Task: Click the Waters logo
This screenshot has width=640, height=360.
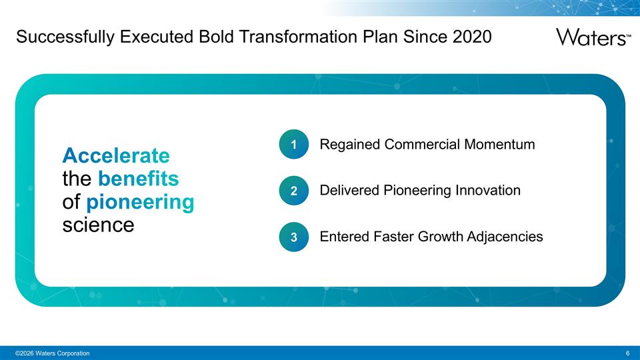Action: (x=593, y=37)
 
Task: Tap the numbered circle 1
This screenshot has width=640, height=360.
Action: (x=294, y=145)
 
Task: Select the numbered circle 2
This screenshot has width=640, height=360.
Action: (x=294, y=191)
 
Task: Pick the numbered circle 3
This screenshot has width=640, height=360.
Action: (x=294, y=237)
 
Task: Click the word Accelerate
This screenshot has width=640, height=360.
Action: (x=116, y=155)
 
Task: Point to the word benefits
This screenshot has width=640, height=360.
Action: (x=138, y=179)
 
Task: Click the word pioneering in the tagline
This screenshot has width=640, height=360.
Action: (x=140, y=202)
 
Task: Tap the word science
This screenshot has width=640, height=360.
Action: (x=98, y=225)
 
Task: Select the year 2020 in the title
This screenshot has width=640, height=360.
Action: (x=471, y=37)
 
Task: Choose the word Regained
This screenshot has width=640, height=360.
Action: (x=350, y=145)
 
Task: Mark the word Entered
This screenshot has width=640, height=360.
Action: (x=345, y=236)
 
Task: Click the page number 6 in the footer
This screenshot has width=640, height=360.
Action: (x=628, y=353)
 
